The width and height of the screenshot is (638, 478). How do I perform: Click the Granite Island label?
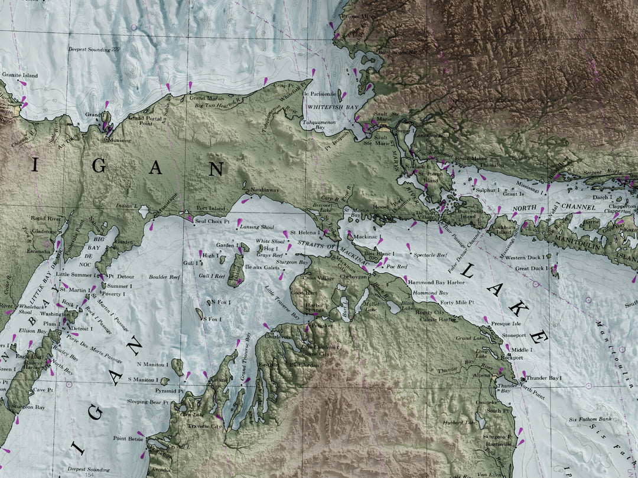[20, 76]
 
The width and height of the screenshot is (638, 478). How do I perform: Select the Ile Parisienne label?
[319, 93]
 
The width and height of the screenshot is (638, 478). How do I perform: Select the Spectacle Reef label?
[430, 255]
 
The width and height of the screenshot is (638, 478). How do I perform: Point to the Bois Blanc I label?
[379, 254]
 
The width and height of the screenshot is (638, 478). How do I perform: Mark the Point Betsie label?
[128, 438]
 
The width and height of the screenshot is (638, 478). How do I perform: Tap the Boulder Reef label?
[164, 277]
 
